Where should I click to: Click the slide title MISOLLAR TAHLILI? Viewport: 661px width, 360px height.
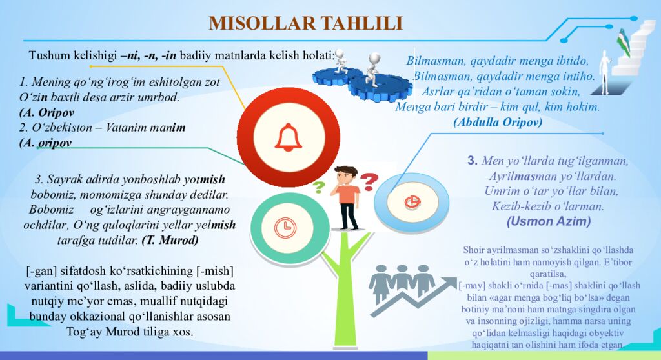(x=305, y=23)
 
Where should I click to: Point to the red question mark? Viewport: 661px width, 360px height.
(x=369, y=181)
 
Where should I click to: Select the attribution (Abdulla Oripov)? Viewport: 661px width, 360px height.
(x=497, y=121)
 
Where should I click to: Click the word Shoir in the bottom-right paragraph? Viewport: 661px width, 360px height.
(x=476, y=250)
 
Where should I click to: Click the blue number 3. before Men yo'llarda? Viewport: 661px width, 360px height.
(x=473, y=161)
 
